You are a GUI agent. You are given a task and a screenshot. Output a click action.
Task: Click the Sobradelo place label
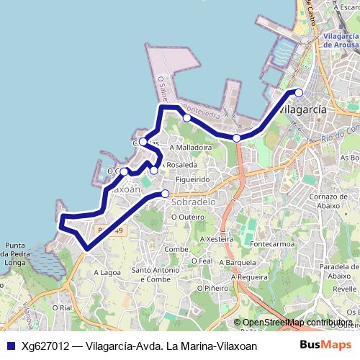click(194, 203)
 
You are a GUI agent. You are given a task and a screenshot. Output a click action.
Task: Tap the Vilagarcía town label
click(302, 109)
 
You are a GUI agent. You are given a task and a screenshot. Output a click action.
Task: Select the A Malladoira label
click(190, 147)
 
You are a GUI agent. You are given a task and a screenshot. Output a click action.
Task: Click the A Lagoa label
click(107, 273)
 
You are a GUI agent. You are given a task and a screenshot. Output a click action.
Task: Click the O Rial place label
click(61, 307)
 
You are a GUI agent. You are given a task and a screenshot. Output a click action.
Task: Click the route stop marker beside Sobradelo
click(165, 193)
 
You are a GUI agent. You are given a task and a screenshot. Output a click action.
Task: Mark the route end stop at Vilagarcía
click(299, 92)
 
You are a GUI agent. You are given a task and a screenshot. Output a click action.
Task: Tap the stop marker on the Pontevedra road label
click(186, 117)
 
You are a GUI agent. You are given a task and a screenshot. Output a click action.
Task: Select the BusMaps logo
click(326, 345)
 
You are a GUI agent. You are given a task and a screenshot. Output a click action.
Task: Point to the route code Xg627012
click(45, 346)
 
